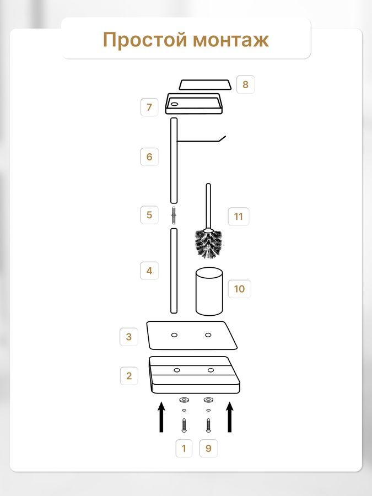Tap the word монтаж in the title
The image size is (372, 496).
pos(231,40)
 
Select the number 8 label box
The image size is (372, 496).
pos(245,84)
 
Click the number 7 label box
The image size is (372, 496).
pos(149,107)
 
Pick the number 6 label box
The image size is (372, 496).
pos(149,157)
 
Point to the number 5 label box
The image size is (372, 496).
pos(149,215)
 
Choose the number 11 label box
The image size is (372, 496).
pos(239,217)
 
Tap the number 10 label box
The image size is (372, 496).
pos(239,289)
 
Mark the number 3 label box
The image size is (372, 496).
pos(129,337)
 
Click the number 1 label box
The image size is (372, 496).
pos(184,448)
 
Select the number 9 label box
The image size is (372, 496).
pos(208,448)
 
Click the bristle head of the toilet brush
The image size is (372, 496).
pos(208,244)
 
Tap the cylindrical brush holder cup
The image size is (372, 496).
pos(209,292)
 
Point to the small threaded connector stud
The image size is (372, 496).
pos(174,215)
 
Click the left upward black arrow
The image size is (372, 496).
pos(161,417)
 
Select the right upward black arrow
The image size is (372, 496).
pos(230,417)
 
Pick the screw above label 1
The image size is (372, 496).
pos(184,425)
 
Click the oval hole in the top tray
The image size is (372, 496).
pos(174,104)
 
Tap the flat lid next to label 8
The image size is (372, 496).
pos(205,85)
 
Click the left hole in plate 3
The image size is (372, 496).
pos(174,335)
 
